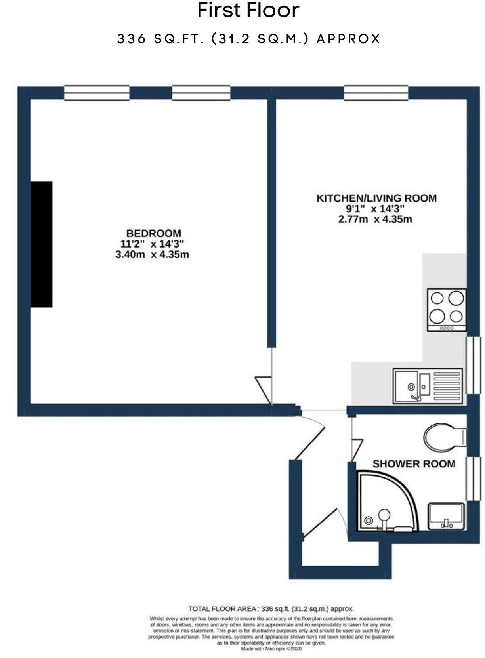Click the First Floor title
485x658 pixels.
[248, 11]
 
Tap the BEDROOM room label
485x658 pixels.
[153, 233]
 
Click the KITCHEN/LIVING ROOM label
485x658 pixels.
[376, 198]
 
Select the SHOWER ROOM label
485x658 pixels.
[414, 463]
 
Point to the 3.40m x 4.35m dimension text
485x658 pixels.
[152, 254]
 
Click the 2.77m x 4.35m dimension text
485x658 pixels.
[375, 219]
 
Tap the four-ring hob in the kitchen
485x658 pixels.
[447, 310]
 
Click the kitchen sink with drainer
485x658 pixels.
[428, 386]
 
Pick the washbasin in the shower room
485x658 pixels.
[446, 516]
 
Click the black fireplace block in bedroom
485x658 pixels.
[42, 244]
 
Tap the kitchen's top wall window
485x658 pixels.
[376, 93]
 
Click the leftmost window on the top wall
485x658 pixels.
[97, 93]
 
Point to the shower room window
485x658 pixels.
[473, 479]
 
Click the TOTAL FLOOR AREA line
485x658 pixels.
[271, 609]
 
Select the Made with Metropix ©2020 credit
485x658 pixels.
[271, 649]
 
